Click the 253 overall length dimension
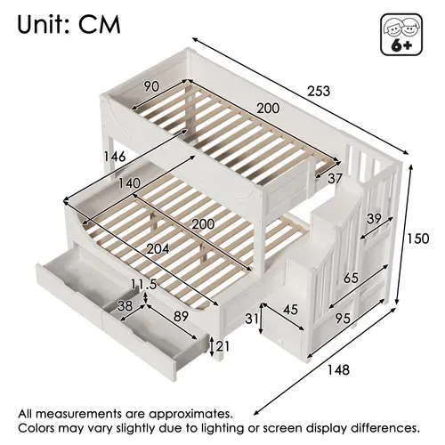(x=319, y=91)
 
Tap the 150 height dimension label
(x=417, y=239)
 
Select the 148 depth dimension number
(x=338, y=370)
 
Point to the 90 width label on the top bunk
(x=151, y=86)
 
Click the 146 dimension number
(x=115, y=157)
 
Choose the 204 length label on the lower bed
(x=158, y=249)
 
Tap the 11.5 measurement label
(x=144, y=285)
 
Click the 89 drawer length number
(x=181, y=317)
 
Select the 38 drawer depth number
(x=125, y=306)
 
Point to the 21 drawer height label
(x=222, y=346)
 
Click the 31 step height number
(x=252, y=319)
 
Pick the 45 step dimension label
(x=290, y=310)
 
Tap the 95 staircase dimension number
(x=343, y=319)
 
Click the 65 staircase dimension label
(x=351, y=279)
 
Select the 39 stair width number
(x=374, y=219)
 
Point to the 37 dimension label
(x=335, y=179)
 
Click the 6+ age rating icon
(x=401, y=35)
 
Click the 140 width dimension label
(x=129, y=183)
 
